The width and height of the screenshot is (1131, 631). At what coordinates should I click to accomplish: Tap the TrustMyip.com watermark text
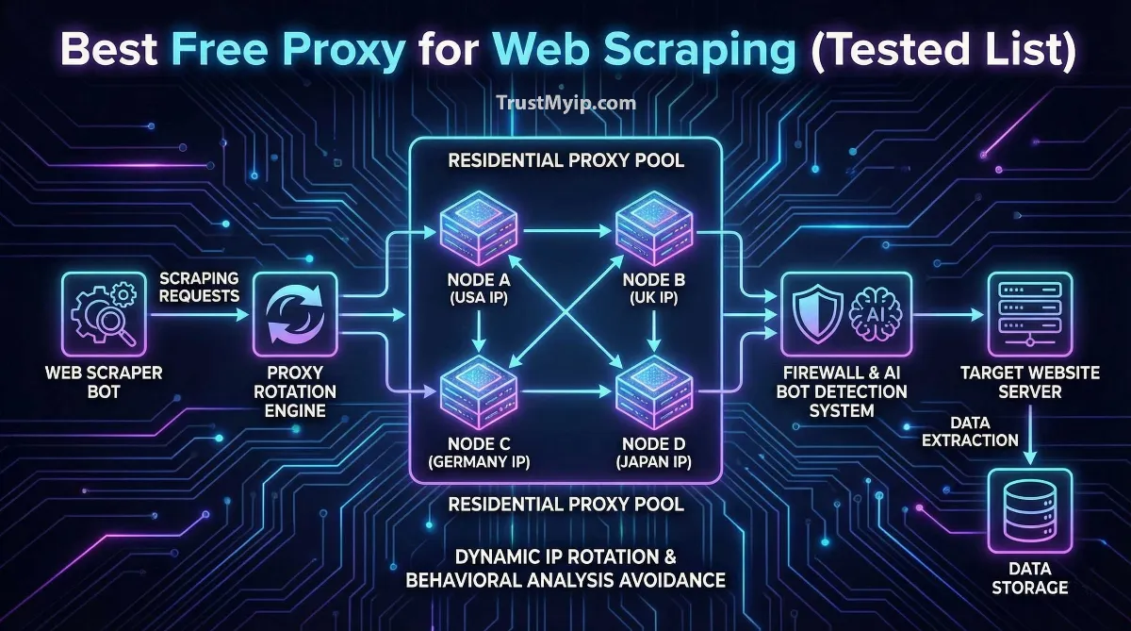click(565, 103)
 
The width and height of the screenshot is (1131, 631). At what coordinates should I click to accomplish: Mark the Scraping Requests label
click(199, 286)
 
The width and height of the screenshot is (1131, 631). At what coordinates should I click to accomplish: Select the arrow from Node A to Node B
click(566, 229)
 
